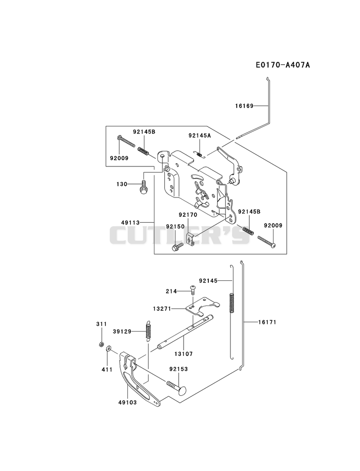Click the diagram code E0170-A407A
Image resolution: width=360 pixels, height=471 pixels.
[x=283, y=65]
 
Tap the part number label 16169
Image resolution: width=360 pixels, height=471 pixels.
[x=244, y=106]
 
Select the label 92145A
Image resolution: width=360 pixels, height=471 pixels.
[x=199, y=135]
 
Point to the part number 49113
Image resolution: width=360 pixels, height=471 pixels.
[x=130, y=223]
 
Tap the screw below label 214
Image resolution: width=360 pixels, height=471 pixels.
[x=193, y=290]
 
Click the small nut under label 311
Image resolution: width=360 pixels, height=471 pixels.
[x=102, y=344]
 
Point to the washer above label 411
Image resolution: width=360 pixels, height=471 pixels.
[x=108, y=349]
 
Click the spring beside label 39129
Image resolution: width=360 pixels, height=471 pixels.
[x=148, y=332]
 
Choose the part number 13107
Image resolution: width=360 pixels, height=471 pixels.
[x=184, y=354]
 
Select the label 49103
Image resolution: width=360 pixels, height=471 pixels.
[x=127, y=402]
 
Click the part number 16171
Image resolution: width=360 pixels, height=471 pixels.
[x=267, y=322]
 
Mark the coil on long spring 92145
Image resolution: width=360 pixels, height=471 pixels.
[x=232, y=303]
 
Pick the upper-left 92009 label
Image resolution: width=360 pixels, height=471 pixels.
[x=119, y=158]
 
